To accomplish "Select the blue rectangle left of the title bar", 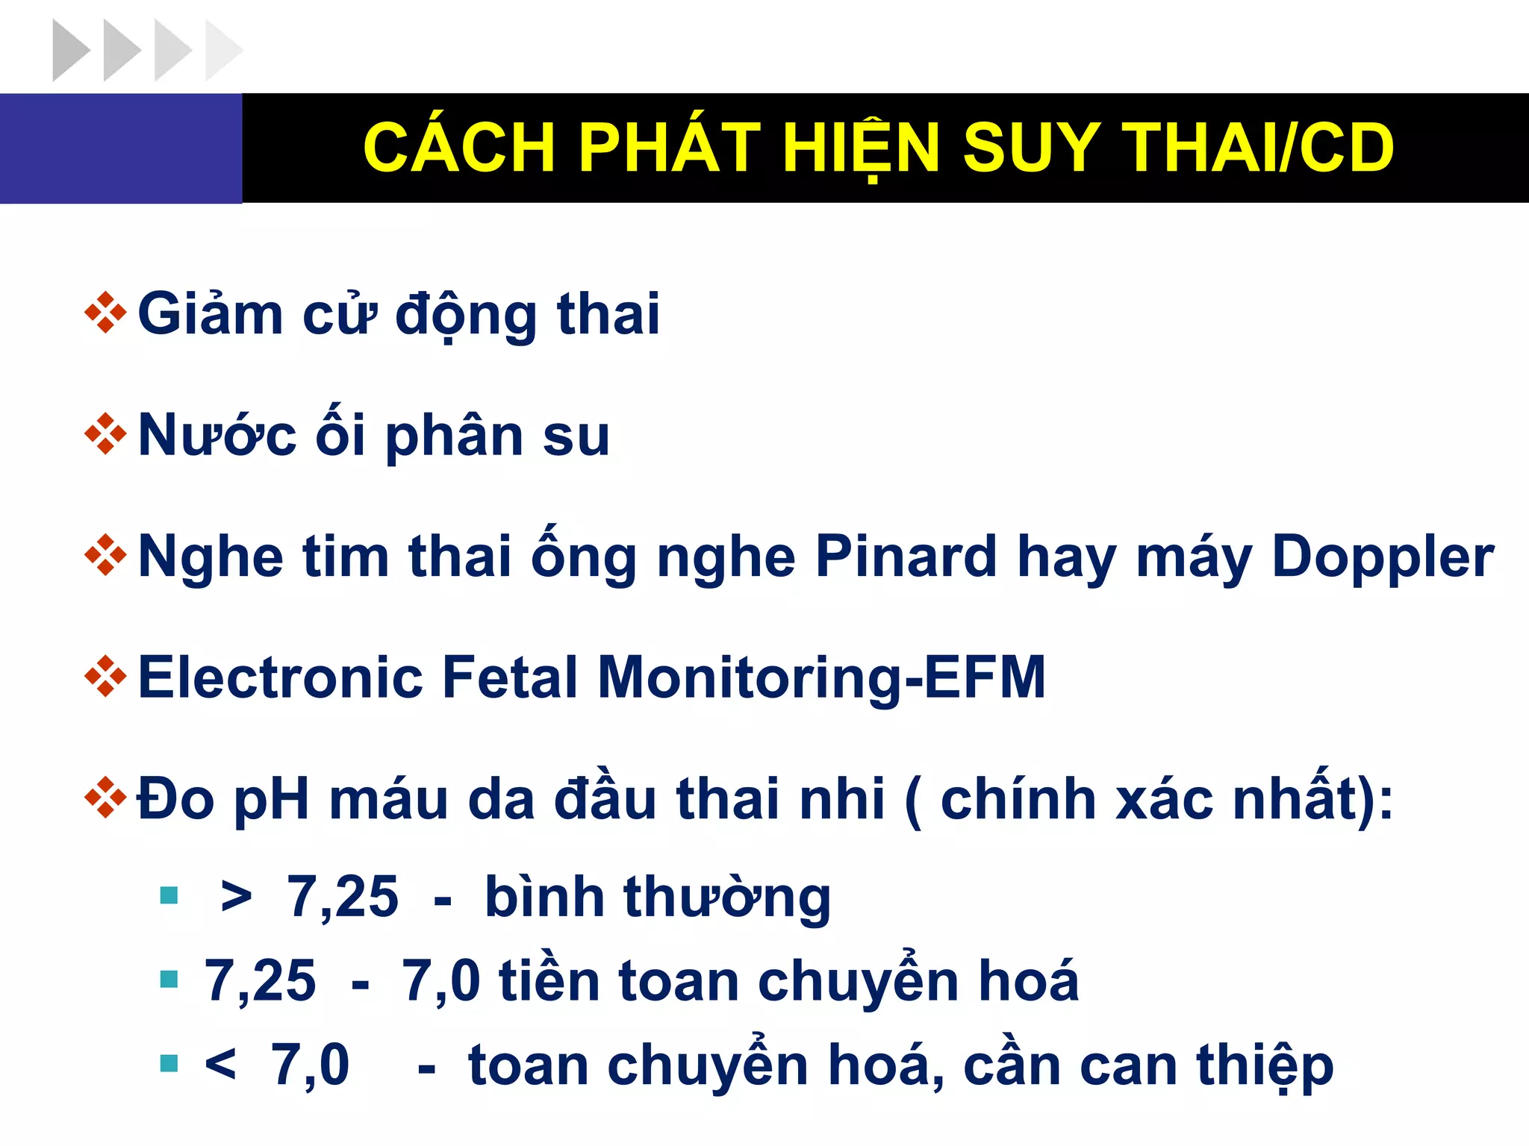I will click(x=121, y=148).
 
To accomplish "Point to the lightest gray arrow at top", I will click(x=222, y=51).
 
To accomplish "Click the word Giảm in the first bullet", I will click(x=210, y=314).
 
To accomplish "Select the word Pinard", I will click(x=906, y=557).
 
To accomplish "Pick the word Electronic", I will click(x=281, y=677).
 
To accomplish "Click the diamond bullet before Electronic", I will click(x=105, y=677).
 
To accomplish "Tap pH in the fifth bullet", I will click(x=271, y=800).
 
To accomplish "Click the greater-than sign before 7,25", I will click(x=236, y=896).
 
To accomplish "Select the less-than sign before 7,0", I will click(x=220, y=1064).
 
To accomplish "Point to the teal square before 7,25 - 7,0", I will click(x=169, y=979).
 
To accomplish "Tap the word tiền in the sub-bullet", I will click(x=549, y=980).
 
